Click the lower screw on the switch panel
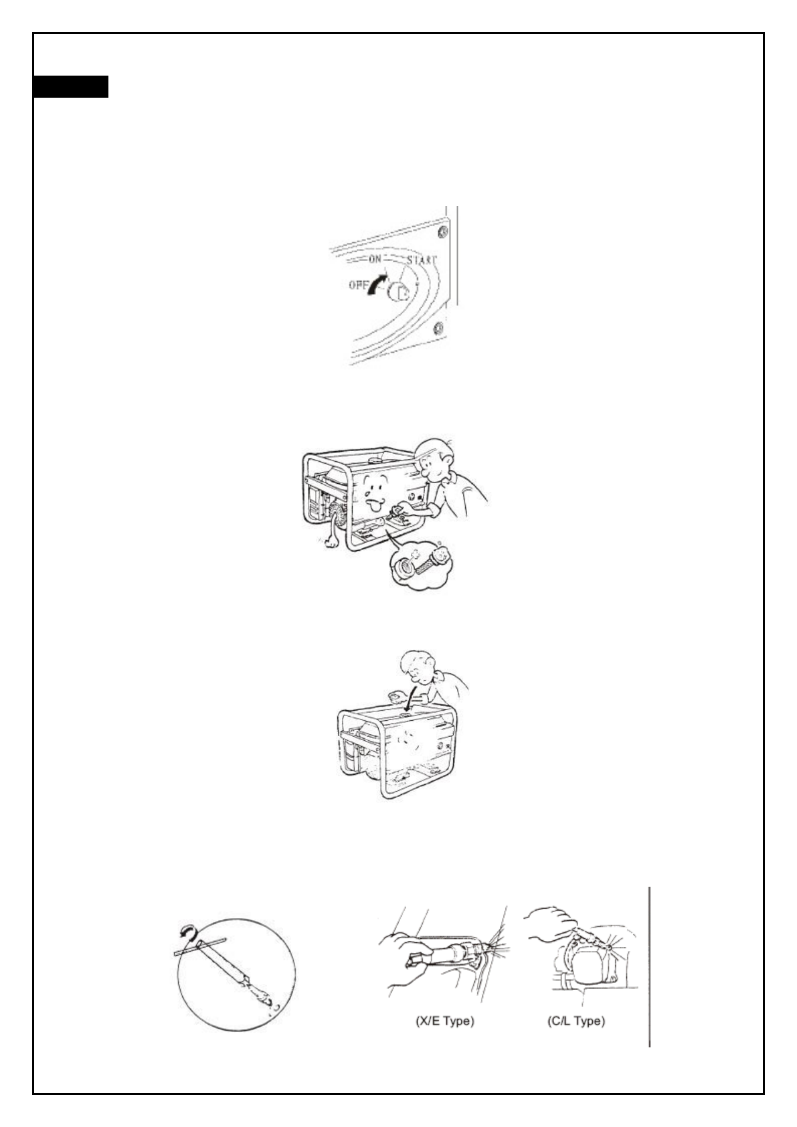438,327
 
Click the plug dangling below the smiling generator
329,540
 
